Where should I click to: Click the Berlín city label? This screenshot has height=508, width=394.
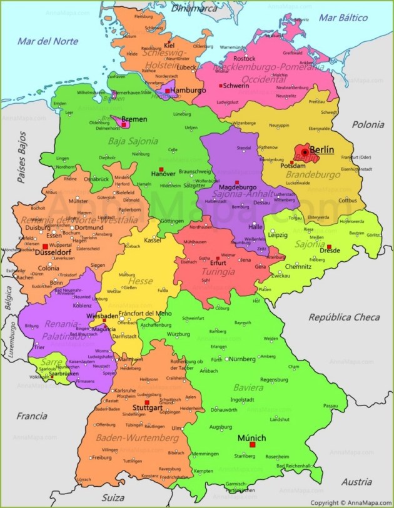[321, 151]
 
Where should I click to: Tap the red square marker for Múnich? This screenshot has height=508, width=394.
[252, 446]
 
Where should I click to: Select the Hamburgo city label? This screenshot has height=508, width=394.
[188, 91]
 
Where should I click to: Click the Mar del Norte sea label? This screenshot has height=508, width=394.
[48, 41]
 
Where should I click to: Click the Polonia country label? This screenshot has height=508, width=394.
[368, 124]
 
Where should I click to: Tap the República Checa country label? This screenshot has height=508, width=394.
[344, 317]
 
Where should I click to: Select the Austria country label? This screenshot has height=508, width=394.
[356, 482]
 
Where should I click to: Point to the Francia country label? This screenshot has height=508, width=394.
[32, 416]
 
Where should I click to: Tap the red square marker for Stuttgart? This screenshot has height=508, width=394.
[147, 403]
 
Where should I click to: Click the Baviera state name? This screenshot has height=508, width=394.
[248, 387]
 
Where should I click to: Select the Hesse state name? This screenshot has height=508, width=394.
[140, 281]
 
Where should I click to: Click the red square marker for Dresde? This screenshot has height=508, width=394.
[329, 247]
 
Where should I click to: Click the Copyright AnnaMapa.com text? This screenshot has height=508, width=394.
[351, 502]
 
